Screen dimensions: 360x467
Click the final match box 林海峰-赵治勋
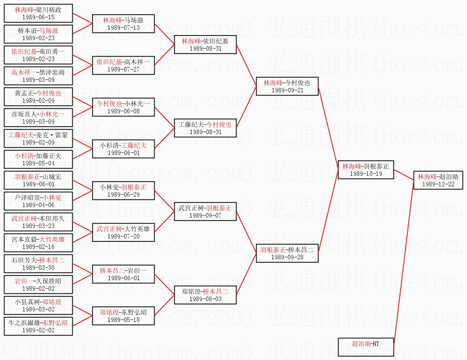point(440,180)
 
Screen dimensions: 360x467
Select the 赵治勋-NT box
point(365,347)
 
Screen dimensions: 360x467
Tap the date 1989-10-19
point(366,174)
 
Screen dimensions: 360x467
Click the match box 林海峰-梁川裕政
point(38,13)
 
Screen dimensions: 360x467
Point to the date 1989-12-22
point(440,184)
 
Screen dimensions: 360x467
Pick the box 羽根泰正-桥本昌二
point(287,253)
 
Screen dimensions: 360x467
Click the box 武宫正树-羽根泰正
point(205,212)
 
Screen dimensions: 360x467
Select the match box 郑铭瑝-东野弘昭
point(123,316)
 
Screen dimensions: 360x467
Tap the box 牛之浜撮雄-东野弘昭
point(38,326)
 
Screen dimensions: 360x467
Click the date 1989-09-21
point(287,90)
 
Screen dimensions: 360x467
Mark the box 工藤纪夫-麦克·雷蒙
point(38,138)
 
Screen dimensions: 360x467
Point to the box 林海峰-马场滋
point(123,24)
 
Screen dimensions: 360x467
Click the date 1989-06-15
point(38,17)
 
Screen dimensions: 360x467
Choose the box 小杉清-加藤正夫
point(38,159)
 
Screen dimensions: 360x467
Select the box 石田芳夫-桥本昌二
point(38,264)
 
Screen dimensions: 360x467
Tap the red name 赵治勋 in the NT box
point(360,344)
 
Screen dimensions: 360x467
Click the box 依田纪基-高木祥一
point(123,65)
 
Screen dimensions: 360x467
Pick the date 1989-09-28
point(287,257)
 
